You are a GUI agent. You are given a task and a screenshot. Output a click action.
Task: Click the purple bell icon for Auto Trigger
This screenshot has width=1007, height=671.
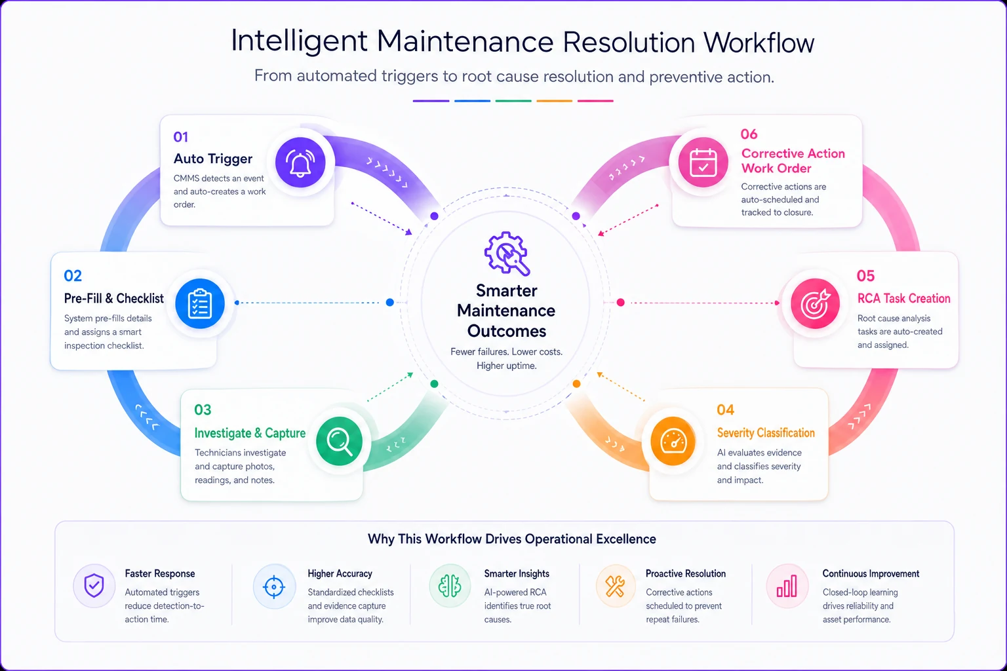point(300,163)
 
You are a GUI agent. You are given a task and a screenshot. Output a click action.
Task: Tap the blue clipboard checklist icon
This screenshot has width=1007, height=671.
point(200,304)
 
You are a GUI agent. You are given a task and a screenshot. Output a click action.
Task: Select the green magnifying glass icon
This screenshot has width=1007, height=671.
point(340,441)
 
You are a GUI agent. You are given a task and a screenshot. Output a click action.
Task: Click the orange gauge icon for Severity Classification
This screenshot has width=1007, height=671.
point(673,441)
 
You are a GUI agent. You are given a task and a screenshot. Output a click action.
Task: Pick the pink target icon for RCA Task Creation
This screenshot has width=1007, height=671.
point(815,303)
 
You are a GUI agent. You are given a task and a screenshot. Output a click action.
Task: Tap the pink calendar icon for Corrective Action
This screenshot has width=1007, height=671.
point(703,162)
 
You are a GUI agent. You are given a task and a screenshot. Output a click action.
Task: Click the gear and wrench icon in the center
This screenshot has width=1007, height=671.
point(507,253)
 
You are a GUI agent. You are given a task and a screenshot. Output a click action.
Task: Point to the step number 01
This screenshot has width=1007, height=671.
point(181,137)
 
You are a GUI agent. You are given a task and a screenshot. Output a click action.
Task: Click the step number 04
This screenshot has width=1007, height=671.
point(725,410)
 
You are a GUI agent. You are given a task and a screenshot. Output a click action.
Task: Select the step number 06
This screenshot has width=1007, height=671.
point(749,134)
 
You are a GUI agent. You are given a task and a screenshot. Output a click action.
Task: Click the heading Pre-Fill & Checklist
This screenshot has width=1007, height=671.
point(113,298)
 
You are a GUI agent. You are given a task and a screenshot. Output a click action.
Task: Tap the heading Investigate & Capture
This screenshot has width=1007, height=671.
point(250,432)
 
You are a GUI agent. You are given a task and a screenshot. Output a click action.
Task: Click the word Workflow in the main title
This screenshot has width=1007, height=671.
point(759,42)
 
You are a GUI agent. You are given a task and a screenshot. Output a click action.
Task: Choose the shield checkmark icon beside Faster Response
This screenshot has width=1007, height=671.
point(94,586)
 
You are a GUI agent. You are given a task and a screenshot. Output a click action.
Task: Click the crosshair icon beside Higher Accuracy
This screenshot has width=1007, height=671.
point(274,586)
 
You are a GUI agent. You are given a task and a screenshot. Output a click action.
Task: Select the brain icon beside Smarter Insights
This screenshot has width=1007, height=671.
point(450,586)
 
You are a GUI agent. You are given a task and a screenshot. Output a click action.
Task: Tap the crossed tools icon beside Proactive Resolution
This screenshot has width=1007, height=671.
point(614,586)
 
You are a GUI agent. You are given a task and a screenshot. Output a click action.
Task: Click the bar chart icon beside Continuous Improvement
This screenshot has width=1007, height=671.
point(787,586)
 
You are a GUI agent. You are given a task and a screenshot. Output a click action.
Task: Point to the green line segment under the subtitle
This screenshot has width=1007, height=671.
point(513,101)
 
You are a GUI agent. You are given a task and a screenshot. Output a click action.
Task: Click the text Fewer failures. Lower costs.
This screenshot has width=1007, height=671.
point(506,352)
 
